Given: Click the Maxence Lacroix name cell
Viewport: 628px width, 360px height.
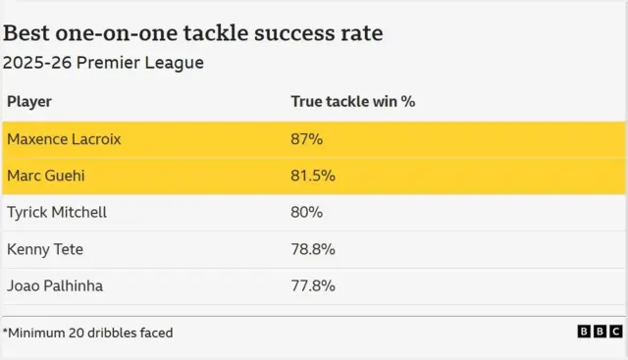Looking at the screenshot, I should point(64,139).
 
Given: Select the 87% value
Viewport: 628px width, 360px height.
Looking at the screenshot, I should point(307,139).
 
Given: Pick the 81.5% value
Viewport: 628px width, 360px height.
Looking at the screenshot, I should point(313,176).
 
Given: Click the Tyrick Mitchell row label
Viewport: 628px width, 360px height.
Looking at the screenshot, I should point(57,212).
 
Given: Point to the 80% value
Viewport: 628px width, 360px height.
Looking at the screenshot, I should point(307,212).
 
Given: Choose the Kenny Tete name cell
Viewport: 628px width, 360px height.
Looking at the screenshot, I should point(45,249).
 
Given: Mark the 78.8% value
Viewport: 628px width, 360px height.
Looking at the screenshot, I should point(313,249).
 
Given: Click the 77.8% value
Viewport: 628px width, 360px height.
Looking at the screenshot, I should point(313,285).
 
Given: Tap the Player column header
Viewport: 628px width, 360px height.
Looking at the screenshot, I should point(29,101).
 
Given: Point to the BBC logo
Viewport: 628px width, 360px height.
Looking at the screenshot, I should point(600,333).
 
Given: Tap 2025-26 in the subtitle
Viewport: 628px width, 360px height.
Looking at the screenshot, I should point(36,63).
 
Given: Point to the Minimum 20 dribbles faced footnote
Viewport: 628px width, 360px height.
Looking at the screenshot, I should point(87,333).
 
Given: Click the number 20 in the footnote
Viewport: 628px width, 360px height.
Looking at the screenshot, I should point(74,333).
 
